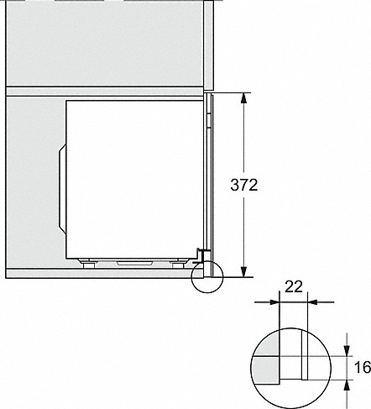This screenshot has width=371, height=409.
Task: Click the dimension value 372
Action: tap(244, 185)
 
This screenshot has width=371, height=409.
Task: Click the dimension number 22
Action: tap(294, 287)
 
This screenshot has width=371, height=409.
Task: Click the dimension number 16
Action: tap(363, 367)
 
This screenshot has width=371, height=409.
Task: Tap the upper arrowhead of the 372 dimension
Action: tap(244, 99)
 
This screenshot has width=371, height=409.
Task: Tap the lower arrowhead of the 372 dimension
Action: tap(244, 271)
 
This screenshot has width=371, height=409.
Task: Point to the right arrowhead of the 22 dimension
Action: tap(313, 302)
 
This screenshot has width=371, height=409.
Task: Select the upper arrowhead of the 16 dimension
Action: tap(347, 350)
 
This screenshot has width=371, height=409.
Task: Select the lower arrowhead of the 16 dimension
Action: tap(347, 385)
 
